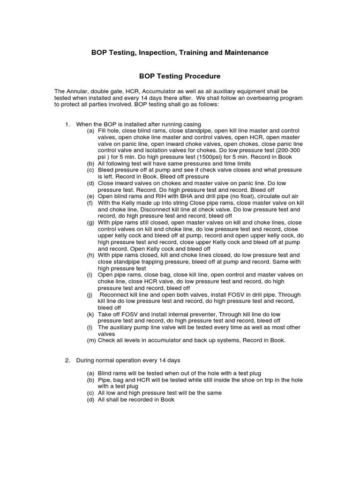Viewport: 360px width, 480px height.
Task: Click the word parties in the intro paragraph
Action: (104, 104)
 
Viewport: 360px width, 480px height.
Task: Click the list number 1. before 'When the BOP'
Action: (67, 124)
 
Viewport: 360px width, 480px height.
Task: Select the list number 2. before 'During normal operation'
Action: (67, 360)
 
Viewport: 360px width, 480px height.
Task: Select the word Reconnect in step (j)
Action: (116, 294)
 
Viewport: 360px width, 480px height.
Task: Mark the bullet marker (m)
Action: (91, 340)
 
